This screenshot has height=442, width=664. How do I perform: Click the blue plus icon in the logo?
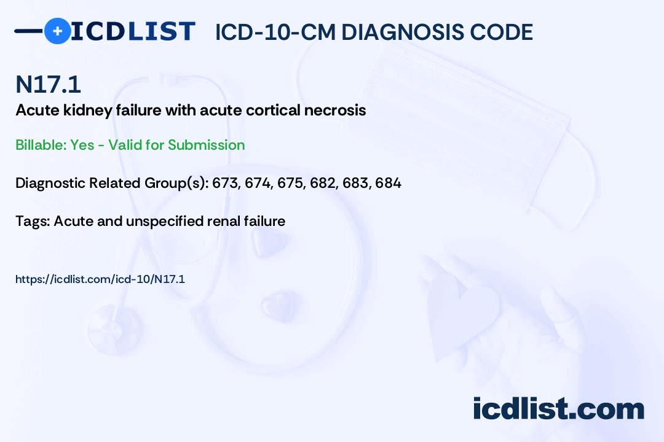[x=57, y=31]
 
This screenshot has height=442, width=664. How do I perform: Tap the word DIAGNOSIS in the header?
[x=397, y=32]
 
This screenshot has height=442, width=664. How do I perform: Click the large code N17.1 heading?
[x=48, y=84]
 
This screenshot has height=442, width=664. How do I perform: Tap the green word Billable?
[x=41, y=145]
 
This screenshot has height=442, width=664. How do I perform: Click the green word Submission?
[x=206, y=145]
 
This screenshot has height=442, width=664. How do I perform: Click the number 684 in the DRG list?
[x=389, y=183]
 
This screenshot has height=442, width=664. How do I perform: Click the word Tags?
[x=32, y=221]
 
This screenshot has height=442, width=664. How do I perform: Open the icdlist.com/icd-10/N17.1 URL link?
[x=100, y=279]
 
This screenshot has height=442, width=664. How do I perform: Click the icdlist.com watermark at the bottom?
[x=558, y=409]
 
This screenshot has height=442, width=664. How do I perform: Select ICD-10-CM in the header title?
[x=275, y=32]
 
